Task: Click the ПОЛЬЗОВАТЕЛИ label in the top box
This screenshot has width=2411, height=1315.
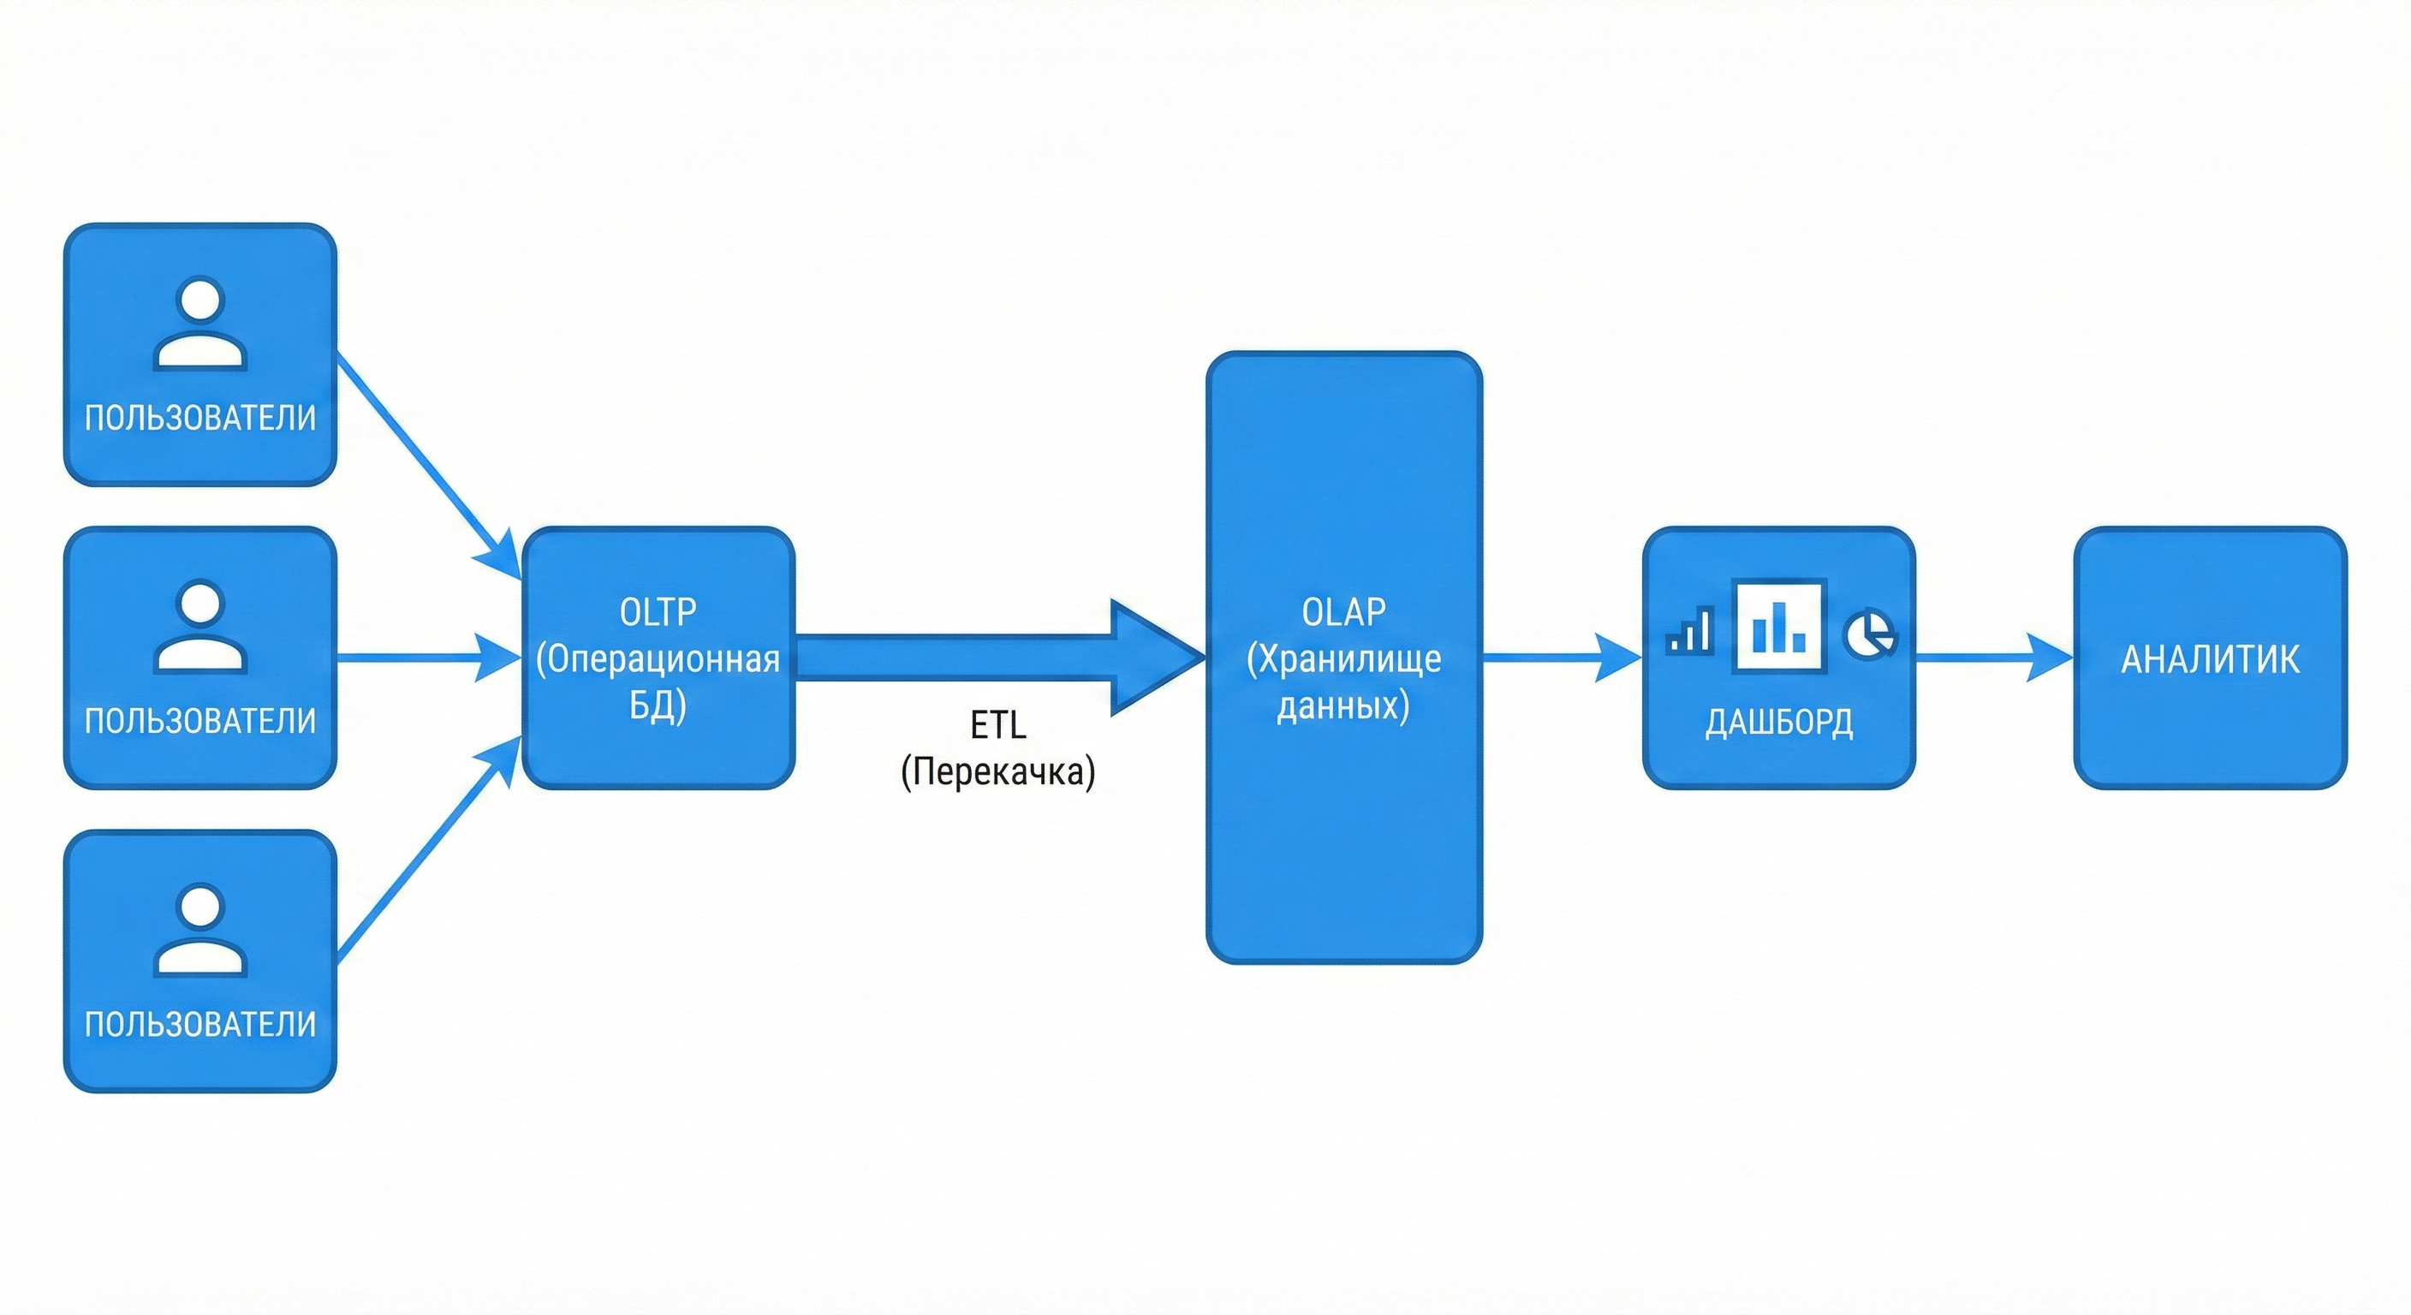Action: tap(200, 418)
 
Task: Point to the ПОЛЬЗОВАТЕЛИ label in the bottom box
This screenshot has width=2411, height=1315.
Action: tap(200, 1024)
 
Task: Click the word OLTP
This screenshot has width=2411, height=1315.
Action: tap(658, 612)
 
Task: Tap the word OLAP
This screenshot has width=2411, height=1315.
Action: tap(1343, 612)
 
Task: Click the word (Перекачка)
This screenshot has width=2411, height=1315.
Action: tap(997, 772)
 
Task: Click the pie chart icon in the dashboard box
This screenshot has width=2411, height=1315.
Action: tap(1869, 634)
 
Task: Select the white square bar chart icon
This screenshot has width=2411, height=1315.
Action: tap(1778, 626)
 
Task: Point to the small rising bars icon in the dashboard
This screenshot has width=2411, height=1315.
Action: tap(1690, 631)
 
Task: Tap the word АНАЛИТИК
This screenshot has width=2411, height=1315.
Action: tap(2210, 660)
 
